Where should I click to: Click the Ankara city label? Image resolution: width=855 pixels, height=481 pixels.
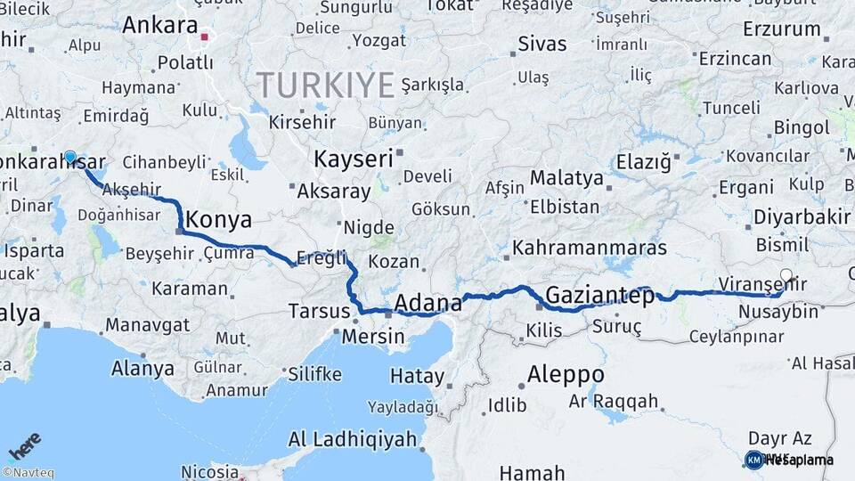(159, 25)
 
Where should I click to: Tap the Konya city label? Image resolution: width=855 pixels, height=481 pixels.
(217, 220)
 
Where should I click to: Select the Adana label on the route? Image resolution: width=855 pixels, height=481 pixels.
(427, 302)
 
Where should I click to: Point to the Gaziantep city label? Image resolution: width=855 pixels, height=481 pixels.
(599, 295)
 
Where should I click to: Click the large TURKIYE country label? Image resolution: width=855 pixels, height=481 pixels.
(326, 86)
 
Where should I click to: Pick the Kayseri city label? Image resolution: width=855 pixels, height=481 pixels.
(353, 159)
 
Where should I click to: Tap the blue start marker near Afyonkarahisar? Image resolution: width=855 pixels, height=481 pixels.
(70, 157)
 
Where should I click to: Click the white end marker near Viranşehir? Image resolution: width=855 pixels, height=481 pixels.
(786, 275)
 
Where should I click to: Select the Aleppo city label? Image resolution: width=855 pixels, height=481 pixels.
(566, 374)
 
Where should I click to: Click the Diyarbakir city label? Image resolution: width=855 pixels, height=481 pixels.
(802, 217)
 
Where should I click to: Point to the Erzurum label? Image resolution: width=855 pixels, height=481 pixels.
(781, 29)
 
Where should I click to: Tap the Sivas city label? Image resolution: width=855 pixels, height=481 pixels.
(541, 43)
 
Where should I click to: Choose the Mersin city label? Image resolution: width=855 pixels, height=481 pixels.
(374, 338)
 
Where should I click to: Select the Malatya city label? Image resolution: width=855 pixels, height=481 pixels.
(566, 177)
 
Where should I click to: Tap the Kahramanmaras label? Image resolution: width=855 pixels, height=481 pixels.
(590, 247)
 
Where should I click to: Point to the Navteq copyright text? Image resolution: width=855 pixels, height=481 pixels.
(28, 473)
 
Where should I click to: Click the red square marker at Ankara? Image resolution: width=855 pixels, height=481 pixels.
(205, 37)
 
